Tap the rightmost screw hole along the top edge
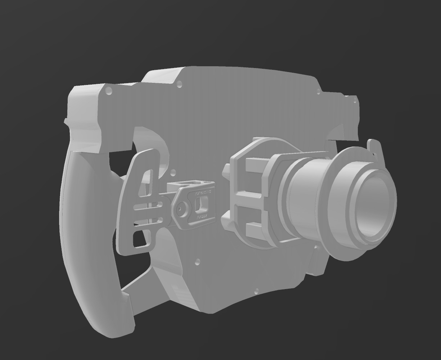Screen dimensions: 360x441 355,101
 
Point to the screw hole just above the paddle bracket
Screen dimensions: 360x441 173,172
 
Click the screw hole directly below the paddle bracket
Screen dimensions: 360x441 197,262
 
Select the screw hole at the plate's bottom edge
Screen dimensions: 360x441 256,291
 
